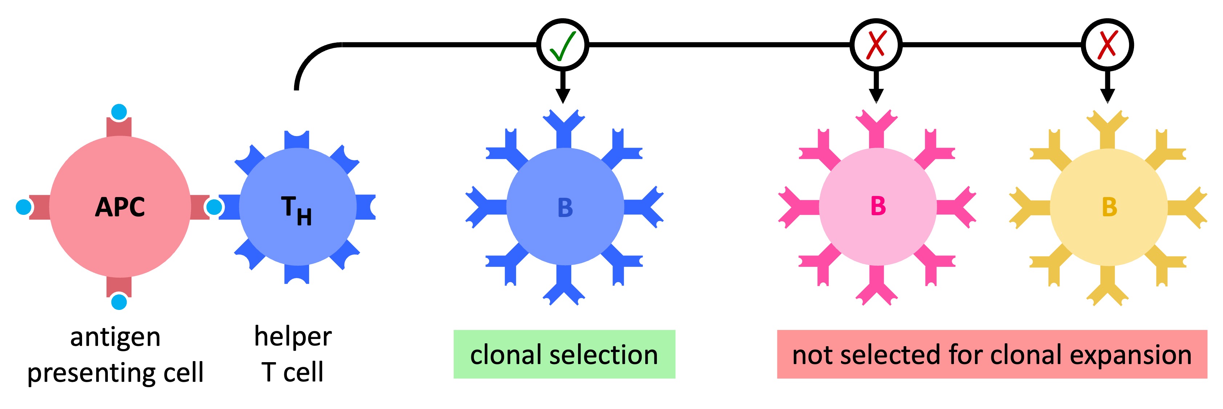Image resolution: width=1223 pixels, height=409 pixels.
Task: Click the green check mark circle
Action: [562, 45]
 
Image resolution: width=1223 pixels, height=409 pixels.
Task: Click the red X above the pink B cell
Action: [876, 45]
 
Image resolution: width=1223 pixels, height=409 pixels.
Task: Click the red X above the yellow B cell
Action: [1108, 45]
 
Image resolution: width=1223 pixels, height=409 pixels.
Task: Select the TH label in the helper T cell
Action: [296, 210]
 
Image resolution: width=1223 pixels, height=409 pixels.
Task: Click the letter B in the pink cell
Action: [878, 206]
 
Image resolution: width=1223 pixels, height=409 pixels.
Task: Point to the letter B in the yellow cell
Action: [1109, 207]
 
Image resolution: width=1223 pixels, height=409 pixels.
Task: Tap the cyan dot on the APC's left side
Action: [23, 207]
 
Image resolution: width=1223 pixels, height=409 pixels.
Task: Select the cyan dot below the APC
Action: [119, 302]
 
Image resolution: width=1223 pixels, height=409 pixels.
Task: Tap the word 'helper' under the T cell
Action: [292, 337]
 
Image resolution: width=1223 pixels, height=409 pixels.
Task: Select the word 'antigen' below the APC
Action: [115, 338]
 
